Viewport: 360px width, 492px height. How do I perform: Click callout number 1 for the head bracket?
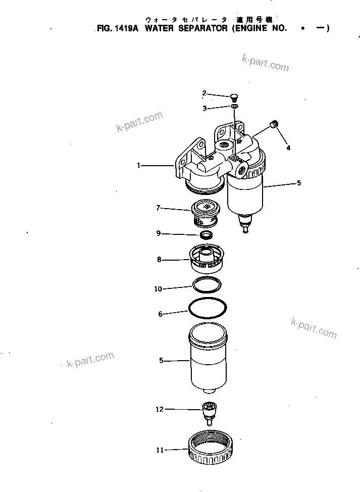click(x=139, y=165)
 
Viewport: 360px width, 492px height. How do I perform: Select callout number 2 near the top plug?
click(x=204, y=93)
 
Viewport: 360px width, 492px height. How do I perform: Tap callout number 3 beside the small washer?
click(x=204, y=108)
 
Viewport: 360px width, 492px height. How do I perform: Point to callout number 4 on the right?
click(x=288, y=148)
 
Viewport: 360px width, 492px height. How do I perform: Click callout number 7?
click(x=158, y=207)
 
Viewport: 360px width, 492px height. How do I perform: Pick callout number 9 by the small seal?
click(x=158, y=233)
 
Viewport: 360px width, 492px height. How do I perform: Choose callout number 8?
click(x=159, y=260)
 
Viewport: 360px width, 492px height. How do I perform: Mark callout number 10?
click(x=158, y=289)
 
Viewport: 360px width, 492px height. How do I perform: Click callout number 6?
click(x=160, y=314)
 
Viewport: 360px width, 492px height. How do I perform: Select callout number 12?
click(x=160, y=409)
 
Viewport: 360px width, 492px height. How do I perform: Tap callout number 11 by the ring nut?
click(x=160, y=450)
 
